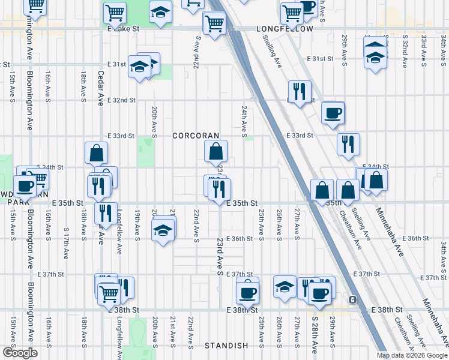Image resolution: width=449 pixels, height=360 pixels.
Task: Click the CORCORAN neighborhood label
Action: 196,136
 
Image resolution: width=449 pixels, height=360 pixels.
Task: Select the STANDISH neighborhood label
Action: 226,346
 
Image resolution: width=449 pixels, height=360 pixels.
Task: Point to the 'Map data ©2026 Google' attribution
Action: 412,355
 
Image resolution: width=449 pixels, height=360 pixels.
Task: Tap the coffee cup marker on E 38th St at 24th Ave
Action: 247,293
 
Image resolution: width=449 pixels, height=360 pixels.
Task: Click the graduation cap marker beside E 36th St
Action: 163,230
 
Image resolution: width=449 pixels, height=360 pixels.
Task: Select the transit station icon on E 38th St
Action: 352,299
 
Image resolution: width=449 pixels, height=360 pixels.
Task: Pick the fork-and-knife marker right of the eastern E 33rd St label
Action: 348,144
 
